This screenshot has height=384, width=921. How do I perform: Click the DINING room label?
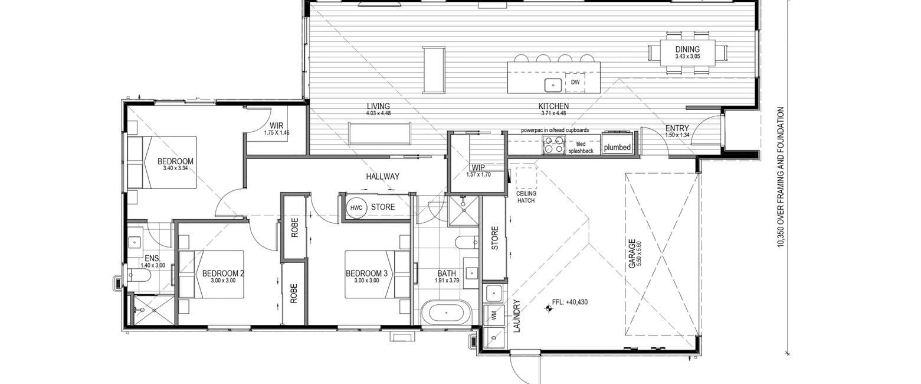point(687,50)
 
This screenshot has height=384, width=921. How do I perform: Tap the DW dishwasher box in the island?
point(575,82)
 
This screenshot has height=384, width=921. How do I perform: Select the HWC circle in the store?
point(356,208)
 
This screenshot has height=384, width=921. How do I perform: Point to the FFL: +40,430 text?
point(569,302)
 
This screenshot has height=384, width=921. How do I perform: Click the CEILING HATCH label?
point(526,197)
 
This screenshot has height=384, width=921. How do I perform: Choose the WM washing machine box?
point(494,315)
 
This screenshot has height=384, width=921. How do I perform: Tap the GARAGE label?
point(632,254)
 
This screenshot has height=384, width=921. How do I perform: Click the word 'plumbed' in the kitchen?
point(617,147)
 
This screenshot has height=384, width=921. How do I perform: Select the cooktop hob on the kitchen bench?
point(553,145)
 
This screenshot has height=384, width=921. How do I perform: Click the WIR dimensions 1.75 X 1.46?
point(277,133)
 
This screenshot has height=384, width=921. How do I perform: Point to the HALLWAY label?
point(383,177)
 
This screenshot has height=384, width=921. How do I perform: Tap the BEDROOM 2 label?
point(223,274)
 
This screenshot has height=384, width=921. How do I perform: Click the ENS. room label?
point(152,259)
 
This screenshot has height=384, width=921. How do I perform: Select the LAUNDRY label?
point(517,316)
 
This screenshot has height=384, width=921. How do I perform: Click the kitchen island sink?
point(553,85)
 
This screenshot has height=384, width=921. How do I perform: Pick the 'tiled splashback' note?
point(581,148)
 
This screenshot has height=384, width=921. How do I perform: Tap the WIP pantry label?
point(478,168)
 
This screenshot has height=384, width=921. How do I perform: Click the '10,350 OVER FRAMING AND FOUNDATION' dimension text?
point(781,177)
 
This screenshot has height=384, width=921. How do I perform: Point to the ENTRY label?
point(677,129)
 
